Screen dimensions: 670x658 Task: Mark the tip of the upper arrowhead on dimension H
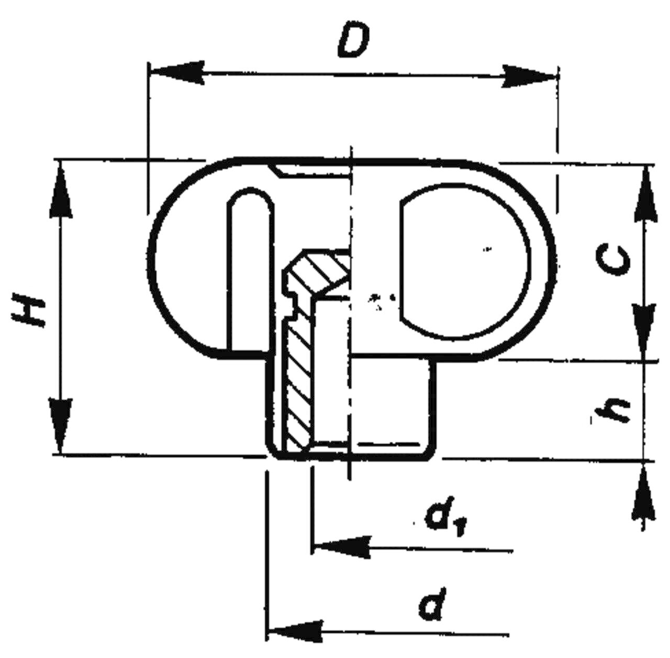61,160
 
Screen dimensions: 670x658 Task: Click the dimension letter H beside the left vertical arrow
29,309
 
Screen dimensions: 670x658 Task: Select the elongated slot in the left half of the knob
249,269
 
